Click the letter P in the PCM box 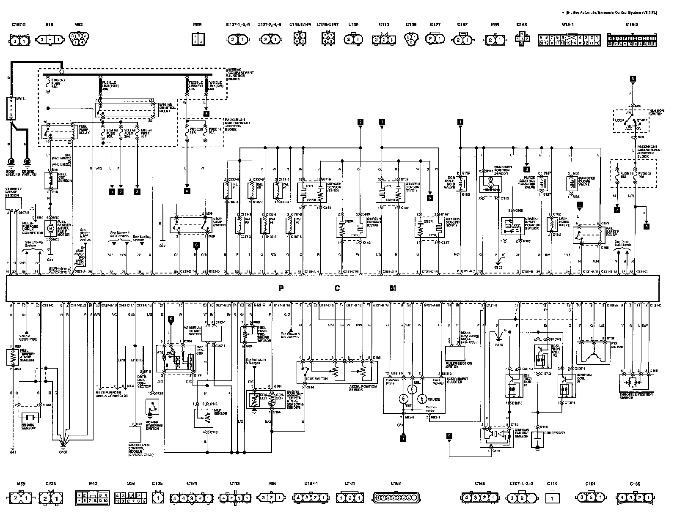click(281, 289)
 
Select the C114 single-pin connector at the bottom click(552, 498)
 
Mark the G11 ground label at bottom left click(13, 452)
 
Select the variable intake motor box click(212, 334)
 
